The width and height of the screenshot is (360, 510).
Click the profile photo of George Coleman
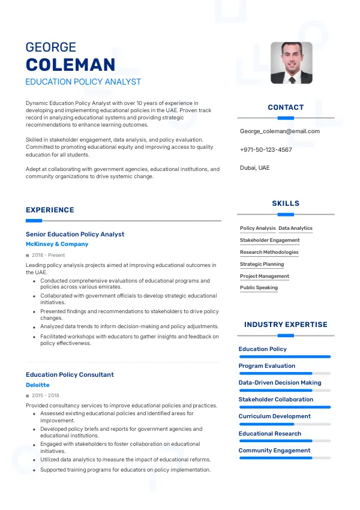point(291,62)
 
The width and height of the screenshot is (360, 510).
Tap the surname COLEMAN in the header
point(70,65)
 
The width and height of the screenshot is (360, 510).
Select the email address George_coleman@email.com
point(280,131)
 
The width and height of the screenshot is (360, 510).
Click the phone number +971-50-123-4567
point(266,149)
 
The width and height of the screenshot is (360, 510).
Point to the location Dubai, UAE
point(254,168)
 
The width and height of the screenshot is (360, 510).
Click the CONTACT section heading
point(286,107)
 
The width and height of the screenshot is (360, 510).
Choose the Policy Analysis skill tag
point(257,229)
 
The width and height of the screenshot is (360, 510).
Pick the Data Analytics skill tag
point(295,229)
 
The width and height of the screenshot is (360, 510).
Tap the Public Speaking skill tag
point(259,288)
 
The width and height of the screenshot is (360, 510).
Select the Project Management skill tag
point(264,276)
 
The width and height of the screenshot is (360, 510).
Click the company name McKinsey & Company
point(57,244)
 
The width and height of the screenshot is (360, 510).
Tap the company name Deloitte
point(38,385)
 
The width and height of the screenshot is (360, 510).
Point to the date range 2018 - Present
point(49,255)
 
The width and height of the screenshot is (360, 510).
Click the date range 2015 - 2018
point(46,396)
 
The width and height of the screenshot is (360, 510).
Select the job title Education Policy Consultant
point(70,375)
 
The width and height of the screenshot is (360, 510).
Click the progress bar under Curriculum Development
point(284,424)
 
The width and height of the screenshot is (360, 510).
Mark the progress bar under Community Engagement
point(284,458)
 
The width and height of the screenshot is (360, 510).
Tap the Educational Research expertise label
point(270,433)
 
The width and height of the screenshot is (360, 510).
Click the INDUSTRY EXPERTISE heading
point(286,325)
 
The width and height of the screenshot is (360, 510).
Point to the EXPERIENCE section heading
point(50,210)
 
